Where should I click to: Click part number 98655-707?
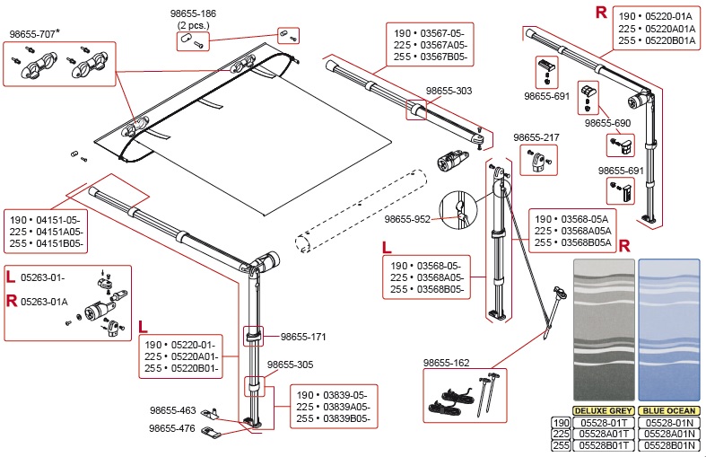coord(40,34)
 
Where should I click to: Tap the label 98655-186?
coord(193,15)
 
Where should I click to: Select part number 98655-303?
coord(449,91)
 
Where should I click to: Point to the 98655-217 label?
coord(536,137)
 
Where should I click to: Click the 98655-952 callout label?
coord(408,218)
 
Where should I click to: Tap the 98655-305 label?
coord(290,365)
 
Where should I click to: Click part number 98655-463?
coord(172,410)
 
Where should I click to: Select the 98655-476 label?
coord(172,428)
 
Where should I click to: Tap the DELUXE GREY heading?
coord(603,409)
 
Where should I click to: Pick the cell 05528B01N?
coord(668,444)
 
